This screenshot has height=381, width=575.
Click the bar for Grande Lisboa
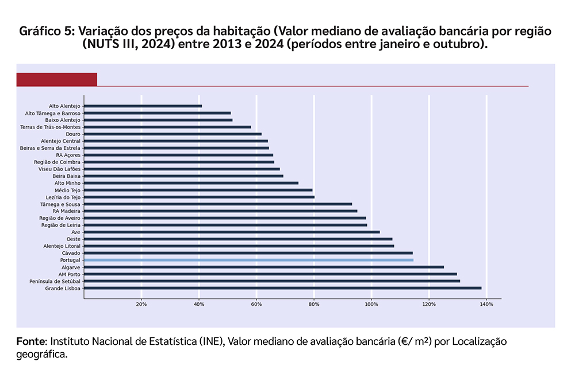[282, 288]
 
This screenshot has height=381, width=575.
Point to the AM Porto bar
[270, 274]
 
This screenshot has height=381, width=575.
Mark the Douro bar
[172, 134]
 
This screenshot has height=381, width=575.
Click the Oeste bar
[238, 239]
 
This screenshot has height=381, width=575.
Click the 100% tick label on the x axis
[371, 304]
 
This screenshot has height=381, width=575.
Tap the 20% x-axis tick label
[141, 304]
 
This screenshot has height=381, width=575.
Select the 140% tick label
[486, 304]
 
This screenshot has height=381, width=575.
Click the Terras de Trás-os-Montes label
[50, 127]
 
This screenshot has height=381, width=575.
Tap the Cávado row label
[71, 253]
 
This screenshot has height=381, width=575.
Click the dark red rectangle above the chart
[56, 79]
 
